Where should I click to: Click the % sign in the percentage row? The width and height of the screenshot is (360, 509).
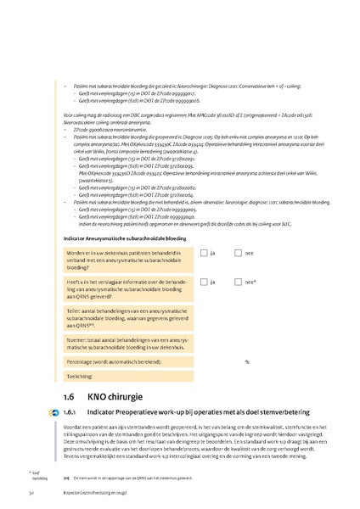[247, 361]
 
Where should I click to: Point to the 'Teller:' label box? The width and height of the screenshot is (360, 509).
[127, 316]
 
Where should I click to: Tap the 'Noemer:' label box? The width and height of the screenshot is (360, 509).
[127, 342]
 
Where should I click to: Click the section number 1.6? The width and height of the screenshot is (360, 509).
[70, 396]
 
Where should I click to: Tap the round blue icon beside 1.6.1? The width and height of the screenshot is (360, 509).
[53, 412]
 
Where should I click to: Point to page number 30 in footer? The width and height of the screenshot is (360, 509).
[31, 492]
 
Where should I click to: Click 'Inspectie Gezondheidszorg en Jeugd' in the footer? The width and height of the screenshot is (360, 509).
[93, 492]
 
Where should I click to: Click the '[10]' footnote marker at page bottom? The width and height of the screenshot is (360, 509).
[66, 478]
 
